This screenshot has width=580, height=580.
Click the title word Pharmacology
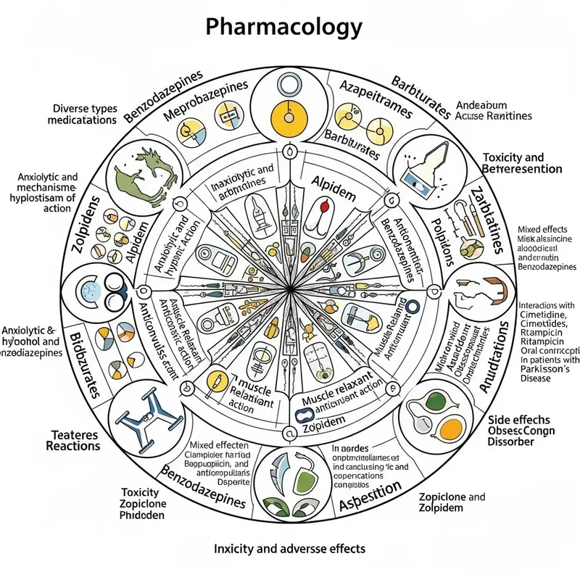pyautogui.click(x=283, y=27)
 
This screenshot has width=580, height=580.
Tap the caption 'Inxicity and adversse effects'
pyautogui.click(x=289, y=548)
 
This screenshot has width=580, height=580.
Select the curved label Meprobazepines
pyautogui.click(x=205, y=103)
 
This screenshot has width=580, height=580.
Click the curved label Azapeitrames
pyautogui.click(x=376, y=100)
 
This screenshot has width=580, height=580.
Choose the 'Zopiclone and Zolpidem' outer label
pyautogui.click(x=452, y=502)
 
